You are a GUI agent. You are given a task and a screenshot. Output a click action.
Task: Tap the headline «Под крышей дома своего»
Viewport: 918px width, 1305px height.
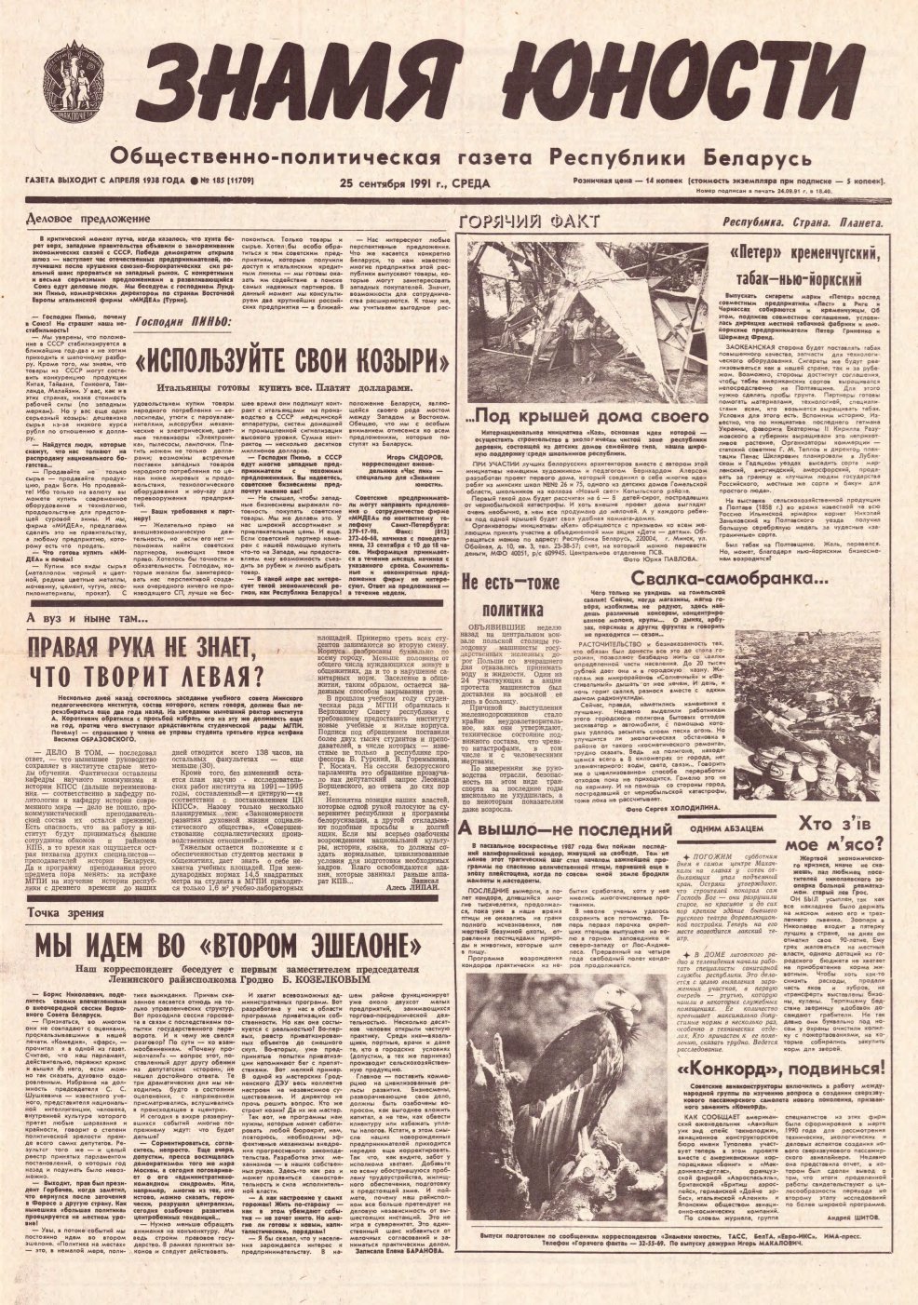[x=592, y=414]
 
